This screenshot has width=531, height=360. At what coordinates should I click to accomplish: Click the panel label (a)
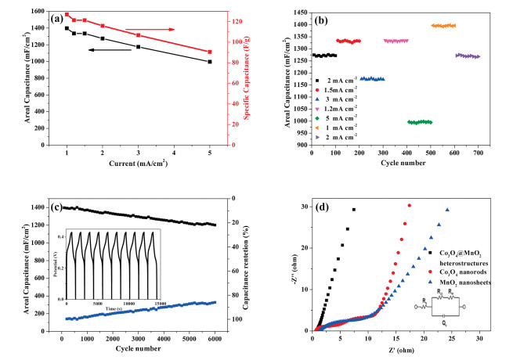point(67,16)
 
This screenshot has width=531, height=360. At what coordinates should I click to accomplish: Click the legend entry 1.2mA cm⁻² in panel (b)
point(350,106)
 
